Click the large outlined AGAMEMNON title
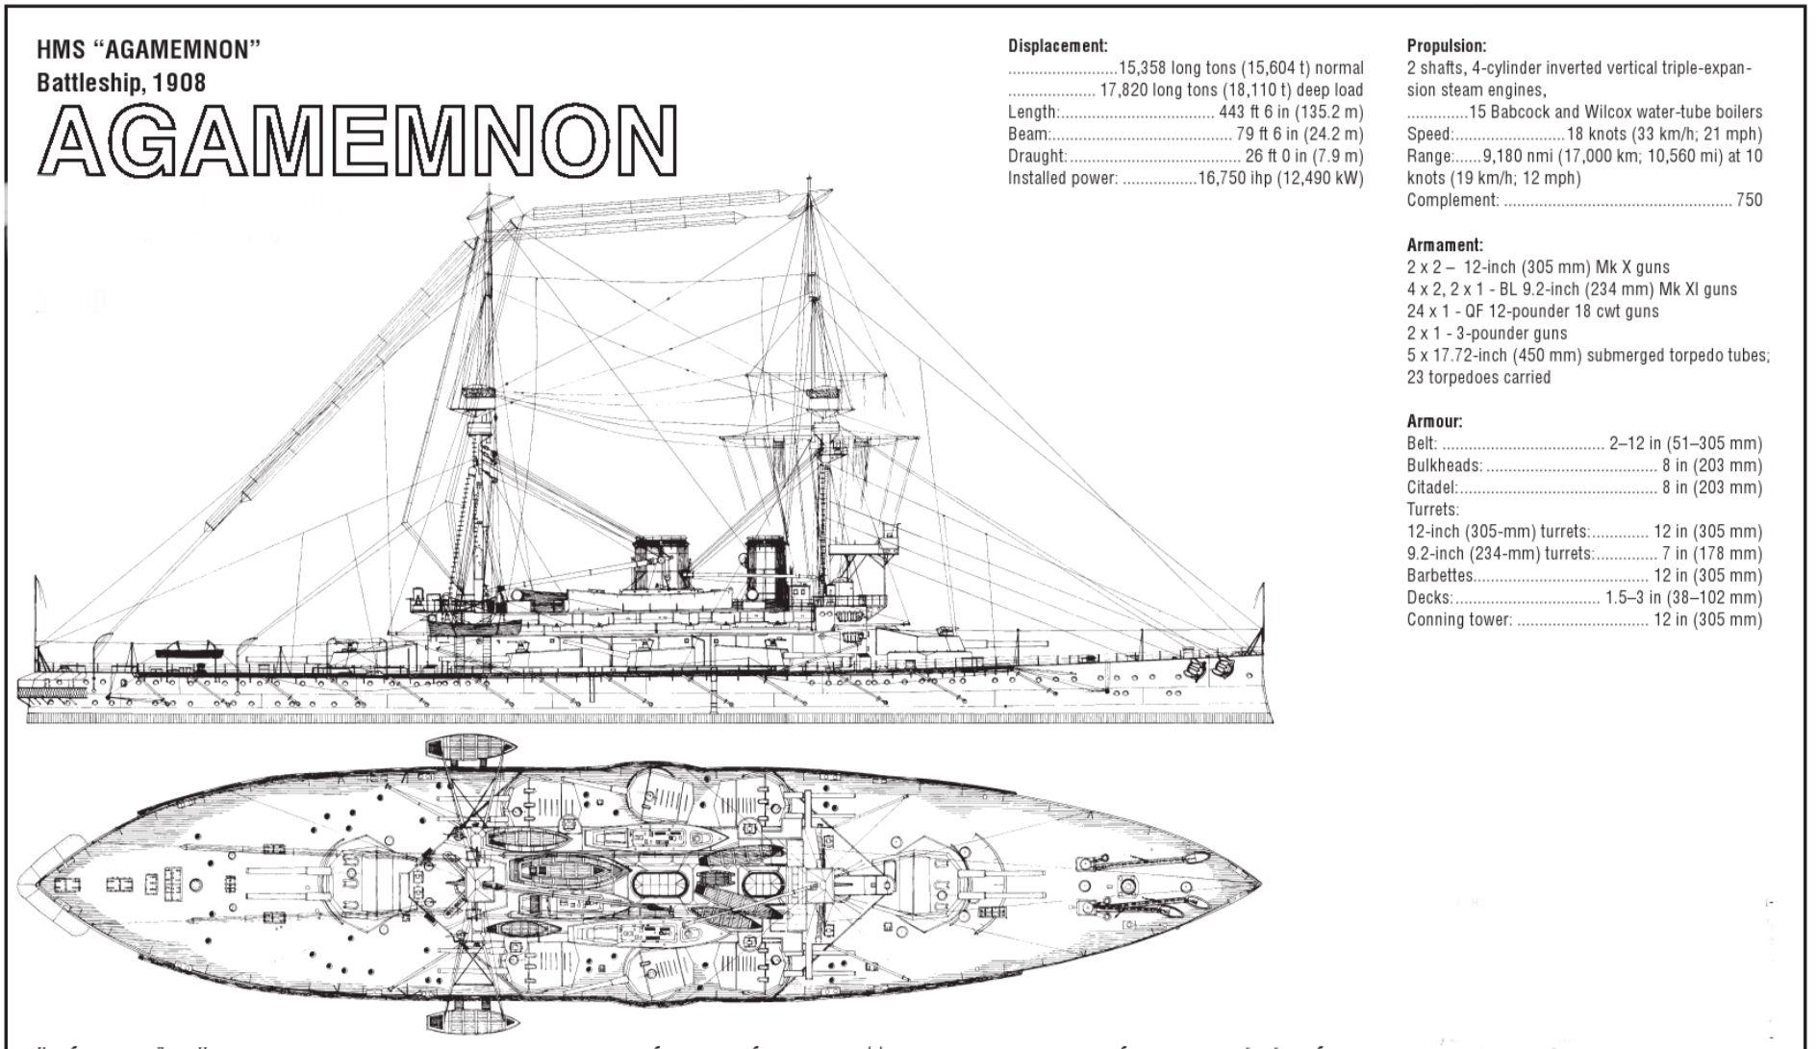click(357, 140)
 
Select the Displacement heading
click(1057, 45)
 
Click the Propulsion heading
click(1446, 45)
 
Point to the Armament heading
click(1445, 245)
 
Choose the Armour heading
click(1434, 421)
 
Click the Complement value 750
click(1749, 200)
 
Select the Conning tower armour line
click(1583, 620)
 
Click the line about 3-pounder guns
click(1486, 334)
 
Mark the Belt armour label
click(1422, 443)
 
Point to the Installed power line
click(1185, 178)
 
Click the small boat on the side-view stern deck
click(189, 652)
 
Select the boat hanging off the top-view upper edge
click(470, 748)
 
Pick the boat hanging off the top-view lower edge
click(470, 1016)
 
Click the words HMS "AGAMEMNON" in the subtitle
click(149, 50)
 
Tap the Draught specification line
click(1185, 156)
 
